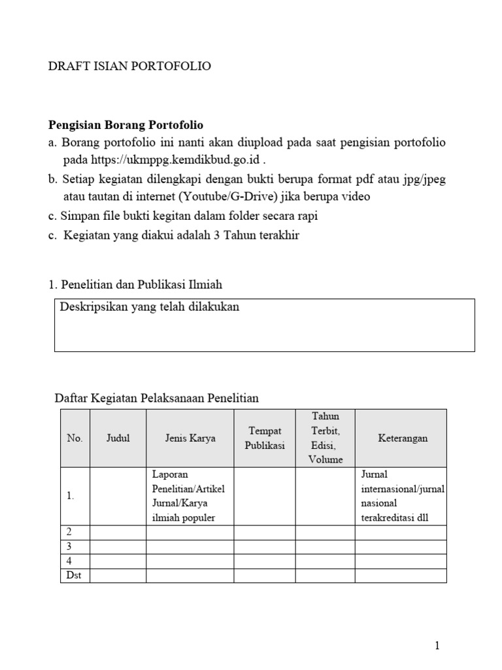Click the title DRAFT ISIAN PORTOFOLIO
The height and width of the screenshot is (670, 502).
(x=130, y=67)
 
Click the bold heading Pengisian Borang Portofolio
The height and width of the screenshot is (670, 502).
(x=127, y=124)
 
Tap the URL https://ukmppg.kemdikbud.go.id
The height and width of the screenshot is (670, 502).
(x=175, y=160)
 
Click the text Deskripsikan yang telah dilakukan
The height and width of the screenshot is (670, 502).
(x=150, y=307)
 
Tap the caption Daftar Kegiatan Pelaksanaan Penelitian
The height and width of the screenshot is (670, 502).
(x=156, y=398)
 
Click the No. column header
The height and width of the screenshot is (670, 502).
(x=75, y=438)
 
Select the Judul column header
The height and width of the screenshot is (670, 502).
(x=118, y=438)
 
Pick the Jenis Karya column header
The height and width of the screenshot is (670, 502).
(x=190, y=438)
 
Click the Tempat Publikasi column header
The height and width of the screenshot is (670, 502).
(x=265, y=438)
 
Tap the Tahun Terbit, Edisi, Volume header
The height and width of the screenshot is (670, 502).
(x=325, y=438)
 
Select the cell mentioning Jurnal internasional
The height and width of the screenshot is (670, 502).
(x=401, y=496)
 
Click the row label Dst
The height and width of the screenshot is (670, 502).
(x=73, y=576)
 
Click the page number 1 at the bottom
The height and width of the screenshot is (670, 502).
(x=437, y=646)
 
